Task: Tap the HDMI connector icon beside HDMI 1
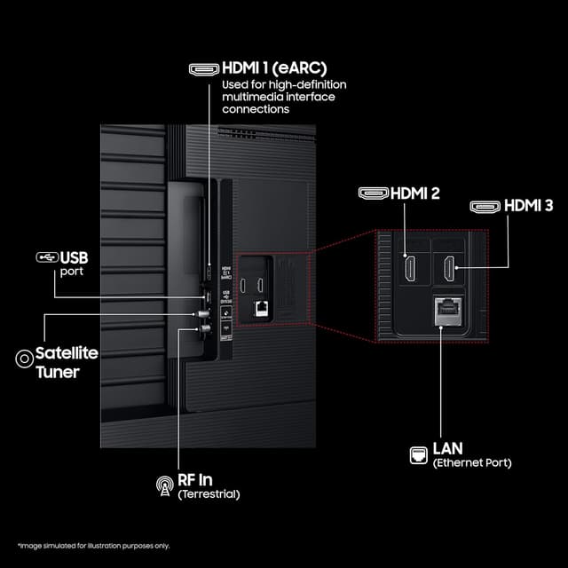coord(204,67)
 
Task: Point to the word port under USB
coord(72,272)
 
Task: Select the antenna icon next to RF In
coord(164,485)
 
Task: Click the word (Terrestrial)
coord(209,493)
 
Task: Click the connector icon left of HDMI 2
coord(373,193)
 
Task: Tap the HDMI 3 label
coord(528,206)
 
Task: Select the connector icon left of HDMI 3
coord(485,206)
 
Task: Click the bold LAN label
coord(449,449)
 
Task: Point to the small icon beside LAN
coord(417,454)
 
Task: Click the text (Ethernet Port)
coord(471,463)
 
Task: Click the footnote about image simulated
coord(93,545)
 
